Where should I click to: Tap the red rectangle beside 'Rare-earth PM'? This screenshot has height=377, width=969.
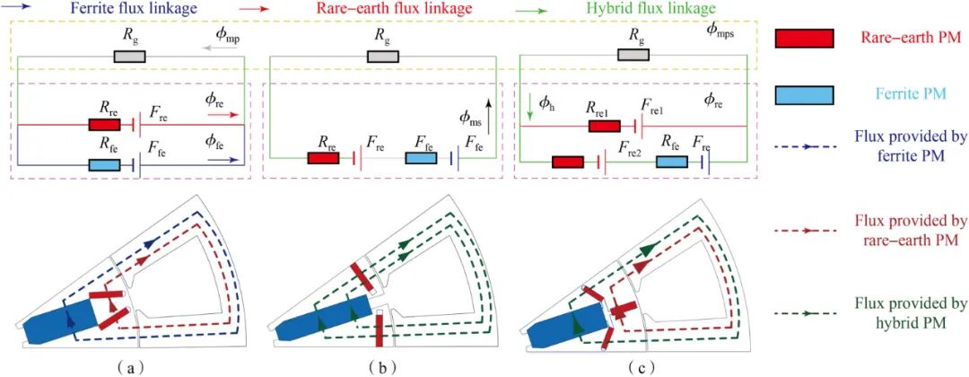[804, 39]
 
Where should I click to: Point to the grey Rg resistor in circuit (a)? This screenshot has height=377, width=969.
[130, 57]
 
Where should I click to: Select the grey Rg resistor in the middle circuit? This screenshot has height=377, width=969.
[383, 57]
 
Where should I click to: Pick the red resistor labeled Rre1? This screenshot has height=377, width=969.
[605, 126]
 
